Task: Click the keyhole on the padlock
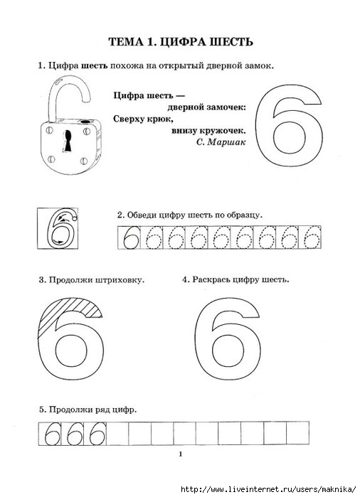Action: pyautogui.click(x=68, y=141)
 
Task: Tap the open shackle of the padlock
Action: pyautogui.click(x=55, y=95)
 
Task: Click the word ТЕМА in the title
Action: pyautogui.click(x=126, y=42)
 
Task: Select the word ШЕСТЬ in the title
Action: pyautogui.click(x=231, y=42)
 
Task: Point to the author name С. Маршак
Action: pyautogui.click(x=221, y=142)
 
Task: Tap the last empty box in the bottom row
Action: pyautogui.click(x=297, y=434)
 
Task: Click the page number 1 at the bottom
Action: pyautogui.click(x=181, y=454)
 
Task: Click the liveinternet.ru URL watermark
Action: pyautogui.click(x=268, y=488)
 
